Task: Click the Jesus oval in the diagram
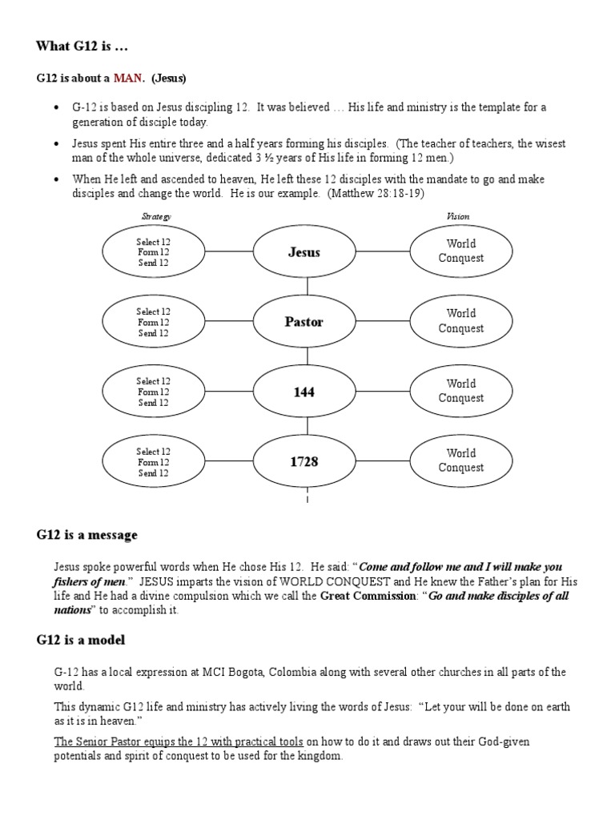[x=303, y=252]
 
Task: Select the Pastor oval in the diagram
[x=303, y=322]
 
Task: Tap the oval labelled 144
[x=303, y=392]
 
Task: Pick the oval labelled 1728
[x=303, y=461]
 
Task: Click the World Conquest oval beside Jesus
[x=460, y=251]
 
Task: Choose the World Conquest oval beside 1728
[x=460, y=460]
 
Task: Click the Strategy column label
[x=156, y=216]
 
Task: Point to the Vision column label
[x=458, y=216]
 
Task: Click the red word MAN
[x=130, y=78]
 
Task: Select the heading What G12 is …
[x=78, y=46]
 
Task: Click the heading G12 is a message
[x=86, y=535]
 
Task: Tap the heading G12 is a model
[x=80, y=641]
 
